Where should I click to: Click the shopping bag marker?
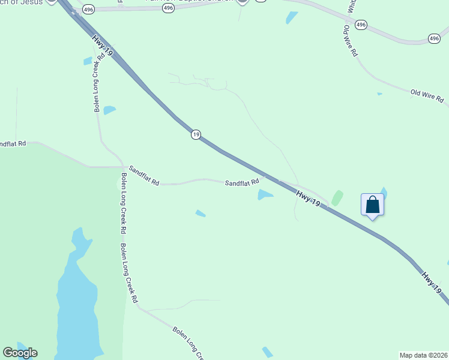pyautogui.click(x=372, y=205)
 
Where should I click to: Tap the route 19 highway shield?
pyautogui.click(x=196, y=134)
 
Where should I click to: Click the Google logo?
pyautogui.click(x=20, y=353)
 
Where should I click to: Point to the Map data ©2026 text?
pyautogui.click(x=423, y=355)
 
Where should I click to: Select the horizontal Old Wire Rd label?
pyautogui.click(x=427, y=95)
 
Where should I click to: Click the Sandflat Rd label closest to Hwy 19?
pyautogui.click(x=242, y=182)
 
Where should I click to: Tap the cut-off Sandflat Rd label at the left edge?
pyautogui.click(x=13, y=144)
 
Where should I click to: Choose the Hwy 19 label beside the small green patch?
pyautogui.click(x=308, y=198)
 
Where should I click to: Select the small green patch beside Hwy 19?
pyautogui.click(x=337, y=198)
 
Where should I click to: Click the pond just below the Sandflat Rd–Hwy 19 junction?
pyautogui.click(x=265, y=194)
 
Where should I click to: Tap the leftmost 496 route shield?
pyautogui.click(x=89, y=10)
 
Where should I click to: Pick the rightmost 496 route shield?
pyautogui.click(x=434, y=38)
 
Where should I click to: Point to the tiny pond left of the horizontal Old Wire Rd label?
pyautogui.click(x=379, y=94)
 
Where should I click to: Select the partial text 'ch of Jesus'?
pyautogui.click(x=22, y=2)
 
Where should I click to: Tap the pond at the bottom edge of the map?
pyautogui.click(x=267, y=352)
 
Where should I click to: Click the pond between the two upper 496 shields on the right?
pyautogui.click(x=292, y=17)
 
